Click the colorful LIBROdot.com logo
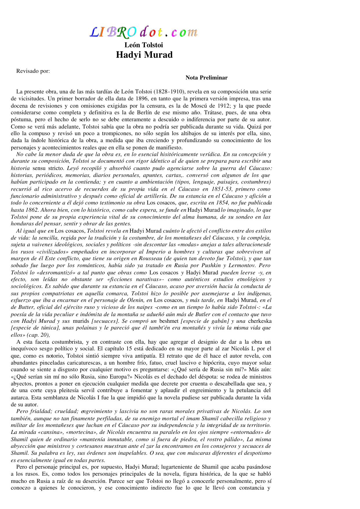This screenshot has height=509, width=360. coord(144,32)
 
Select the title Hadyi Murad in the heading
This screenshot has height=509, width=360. coord(144,55)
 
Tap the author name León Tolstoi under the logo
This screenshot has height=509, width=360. coord(144,45)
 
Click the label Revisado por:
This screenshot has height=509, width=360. coord(33,71)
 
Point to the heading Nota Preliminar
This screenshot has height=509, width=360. coord(206,77)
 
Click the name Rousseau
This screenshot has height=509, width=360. coord(152,259)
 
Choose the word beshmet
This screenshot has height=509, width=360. coord(169,321)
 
